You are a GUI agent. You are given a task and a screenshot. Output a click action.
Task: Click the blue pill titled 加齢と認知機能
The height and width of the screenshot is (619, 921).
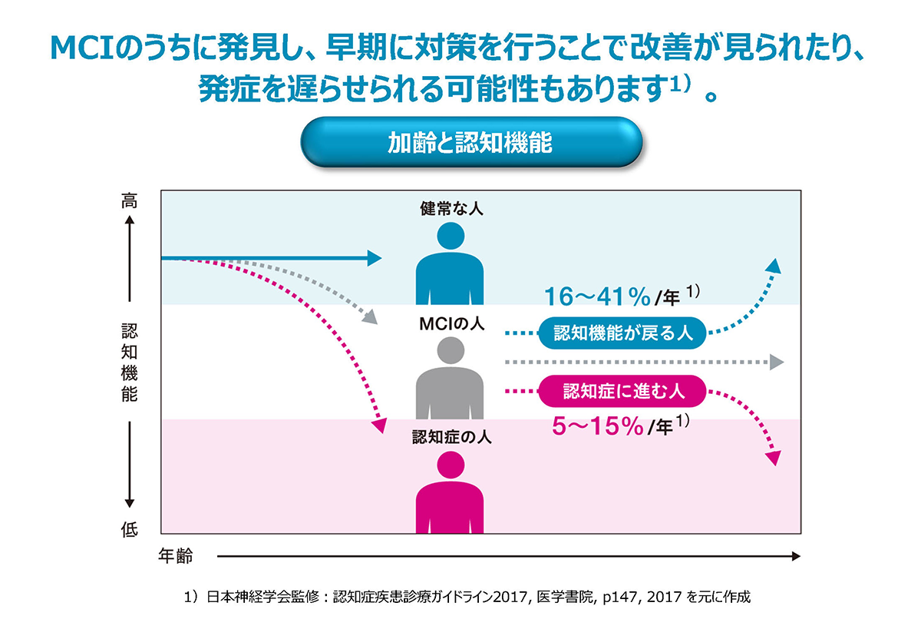coord(470,143)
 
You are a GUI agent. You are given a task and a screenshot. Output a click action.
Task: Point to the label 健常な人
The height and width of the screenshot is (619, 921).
coord(451,208)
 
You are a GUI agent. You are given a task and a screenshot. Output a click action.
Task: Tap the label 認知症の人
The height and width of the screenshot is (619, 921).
coord(451,439)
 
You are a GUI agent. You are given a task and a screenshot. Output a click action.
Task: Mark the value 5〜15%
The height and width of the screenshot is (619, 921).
coord(598,427)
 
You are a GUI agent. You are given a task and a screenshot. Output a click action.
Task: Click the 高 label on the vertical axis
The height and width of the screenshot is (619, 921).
coord(129,202)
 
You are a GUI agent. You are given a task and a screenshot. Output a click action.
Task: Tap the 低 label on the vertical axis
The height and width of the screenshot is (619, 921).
coord(129,531)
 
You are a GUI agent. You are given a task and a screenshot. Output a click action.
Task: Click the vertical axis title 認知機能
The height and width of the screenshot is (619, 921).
coord(129,363)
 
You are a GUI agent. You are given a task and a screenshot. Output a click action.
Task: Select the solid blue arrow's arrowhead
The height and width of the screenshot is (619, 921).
coord(374,258)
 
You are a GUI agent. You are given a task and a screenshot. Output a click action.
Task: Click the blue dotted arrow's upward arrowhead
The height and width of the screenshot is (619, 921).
coord(774,266)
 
